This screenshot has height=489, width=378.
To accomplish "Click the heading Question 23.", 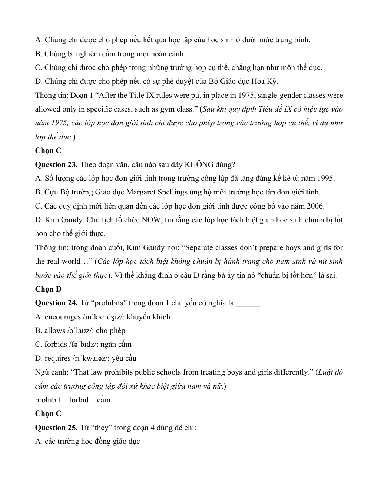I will coord(56,164).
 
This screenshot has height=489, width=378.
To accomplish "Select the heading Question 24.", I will coord(56,303).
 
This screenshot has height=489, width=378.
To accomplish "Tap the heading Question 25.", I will coord(56,428).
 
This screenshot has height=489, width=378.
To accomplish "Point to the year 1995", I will coord(325,179).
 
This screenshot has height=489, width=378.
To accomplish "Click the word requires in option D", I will coord(58,359).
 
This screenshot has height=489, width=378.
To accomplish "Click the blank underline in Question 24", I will coord(248,303).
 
